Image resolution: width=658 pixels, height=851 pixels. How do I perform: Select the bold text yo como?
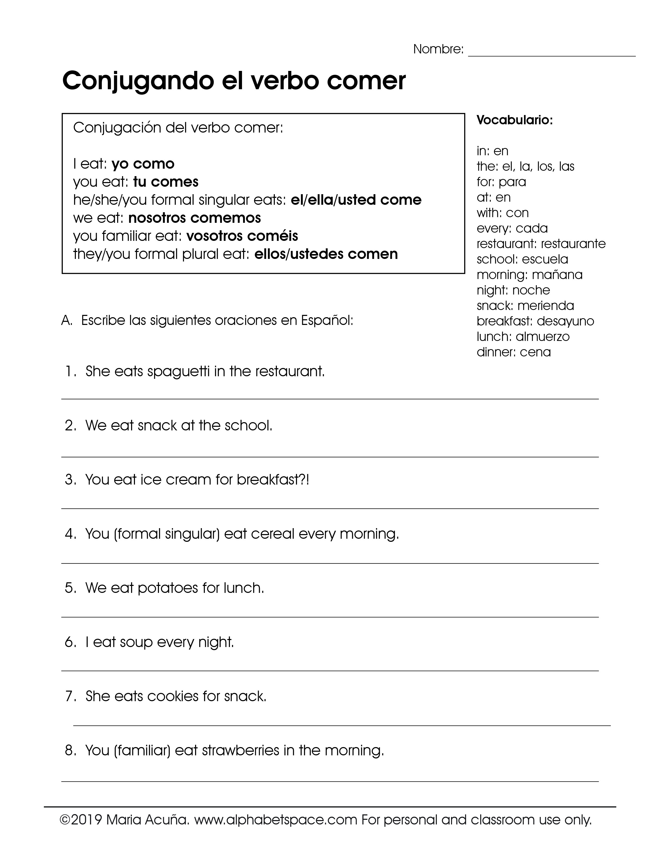143,164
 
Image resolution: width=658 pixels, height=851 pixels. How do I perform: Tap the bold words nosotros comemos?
195,218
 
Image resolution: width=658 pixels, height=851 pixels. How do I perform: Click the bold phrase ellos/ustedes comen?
326,254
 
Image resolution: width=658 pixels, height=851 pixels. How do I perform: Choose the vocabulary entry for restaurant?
541,244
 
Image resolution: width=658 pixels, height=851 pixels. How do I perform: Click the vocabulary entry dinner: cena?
513,352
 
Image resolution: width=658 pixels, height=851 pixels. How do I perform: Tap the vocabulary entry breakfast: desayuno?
535,321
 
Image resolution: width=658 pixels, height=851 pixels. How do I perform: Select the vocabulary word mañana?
557,275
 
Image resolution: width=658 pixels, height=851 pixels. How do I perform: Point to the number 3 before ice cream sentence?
70,480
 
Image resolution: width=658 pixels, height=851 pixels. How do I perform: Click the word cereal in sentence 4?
272,534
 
